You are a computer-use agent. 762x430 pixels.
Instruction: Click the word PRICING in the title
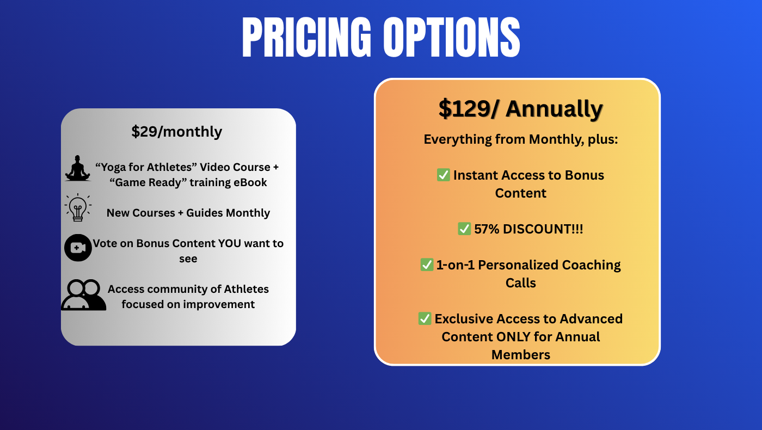click(x=306, y=37)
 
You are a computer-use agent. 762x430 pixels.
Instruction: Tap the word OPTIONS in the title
click(x=452, y=37)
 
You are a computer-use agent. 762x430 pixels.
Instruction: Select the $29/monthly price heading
click(x=176, y=132)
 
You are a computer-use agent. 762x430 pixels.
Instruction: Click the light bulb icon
click(x=78, y=207)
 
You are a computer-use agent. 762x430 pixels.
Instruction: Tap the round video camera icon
click(x=78, y=248)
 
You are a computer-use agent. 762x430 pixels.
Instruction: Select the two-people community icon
click(x=84, y=295)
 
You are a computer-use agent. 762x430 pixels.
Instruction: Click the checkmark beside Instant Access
click(x=443, y=175)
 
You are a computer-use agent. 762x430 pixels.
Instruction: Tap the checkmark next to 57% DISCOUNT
click(x=464, y=229)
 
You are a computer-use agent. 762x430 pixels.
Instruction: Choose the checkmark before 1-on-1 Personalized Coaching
click(x=427, y=265)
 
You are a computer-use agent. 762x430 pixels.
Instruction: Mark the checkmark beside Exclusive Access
click(x=425, y=318)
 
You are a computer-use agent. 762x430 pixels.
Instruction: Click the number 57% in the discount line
click(x=487, y=229)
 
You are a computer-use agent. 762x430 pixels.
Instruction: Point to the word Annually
click(x=554, y=109)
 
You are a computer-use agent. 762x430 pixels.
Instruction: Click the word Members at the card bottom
click(x=521, y=355)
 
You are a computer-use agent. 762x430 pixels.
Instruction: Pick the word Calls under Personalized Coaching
click(x=521, y=283)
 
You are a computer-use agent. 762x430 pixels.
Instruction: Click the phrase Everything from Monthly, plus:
click(x=521, y=139)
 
